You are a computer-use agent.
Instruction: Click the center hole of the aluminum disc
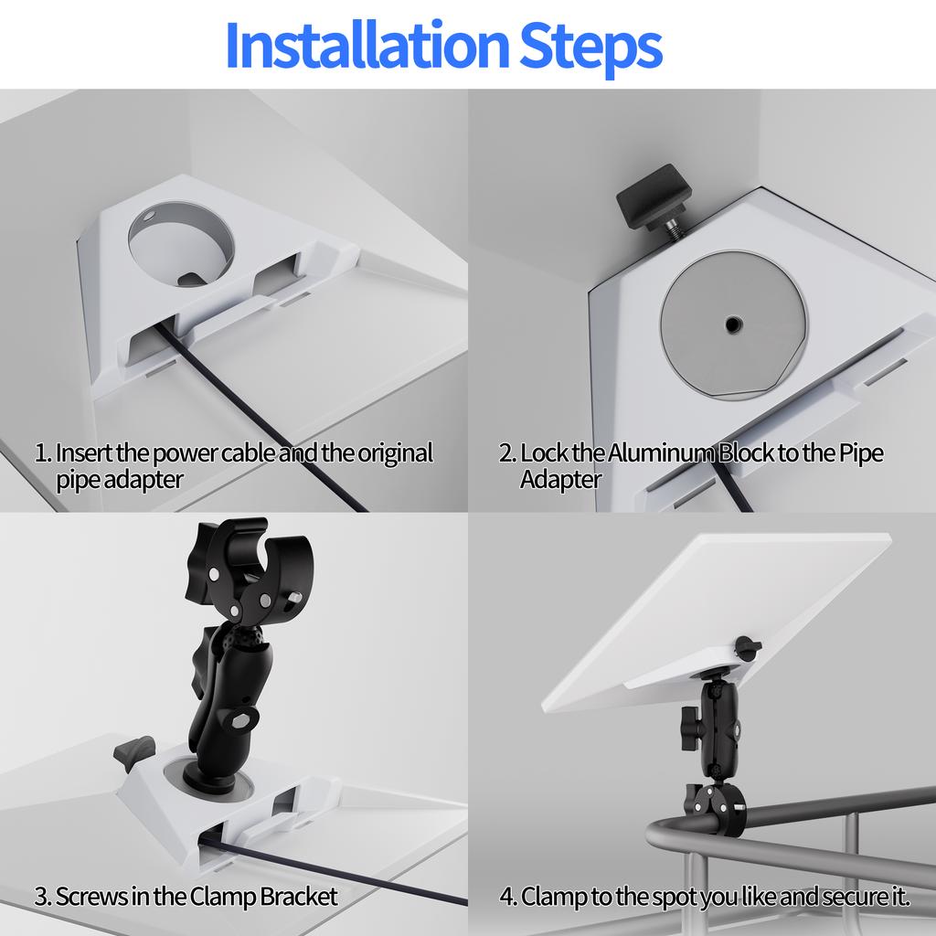pos(733,324)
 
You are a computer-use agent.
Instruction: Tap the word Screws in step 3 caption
pos(91,896)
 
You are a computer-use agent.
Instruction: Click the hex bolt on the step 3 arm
pos(244,719)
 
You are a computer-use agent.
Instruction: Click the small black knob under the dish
pos(748,648)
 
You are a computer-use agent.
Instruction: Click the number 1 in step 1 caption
pos(40,452)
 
